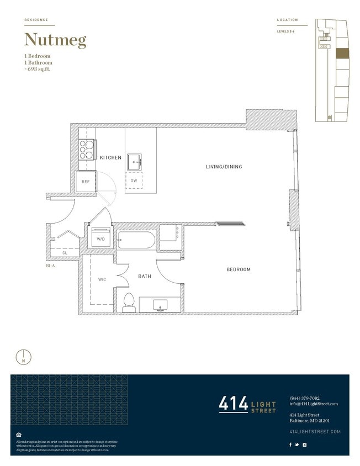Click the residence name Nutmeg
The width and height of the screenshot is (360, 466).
55,40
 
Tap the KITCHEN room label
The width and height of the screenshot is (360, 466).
110,158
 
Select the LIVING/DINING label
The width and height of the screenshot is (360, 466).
224,167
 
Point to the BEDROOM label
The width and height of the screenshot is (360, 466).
239,269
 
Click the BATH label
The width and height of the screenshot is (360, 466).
145,276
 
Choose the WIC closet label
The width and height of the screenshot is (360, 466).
102,279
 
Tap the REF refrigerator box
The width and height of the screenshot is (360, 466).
86,182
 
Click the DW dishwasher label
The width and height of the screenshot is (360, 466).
134,181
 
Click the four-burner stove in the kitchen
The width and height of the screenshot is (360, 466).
87,147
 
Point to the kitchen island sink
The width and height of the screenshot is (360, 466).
134,162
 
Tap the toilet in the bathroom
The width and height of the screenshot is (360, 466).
129,302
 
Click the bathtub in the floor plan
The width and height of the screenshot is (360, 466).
136,241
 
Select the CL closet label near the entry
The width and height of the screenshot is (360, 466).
65,253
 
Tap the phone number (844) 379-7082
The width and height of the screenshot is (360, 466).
304,398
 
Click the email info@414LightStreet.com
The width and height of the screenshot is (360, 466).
313,404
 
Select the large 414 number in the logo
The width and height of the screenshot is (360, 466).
233,404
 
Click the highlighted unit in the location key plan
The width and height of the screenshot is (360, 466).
342,53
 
